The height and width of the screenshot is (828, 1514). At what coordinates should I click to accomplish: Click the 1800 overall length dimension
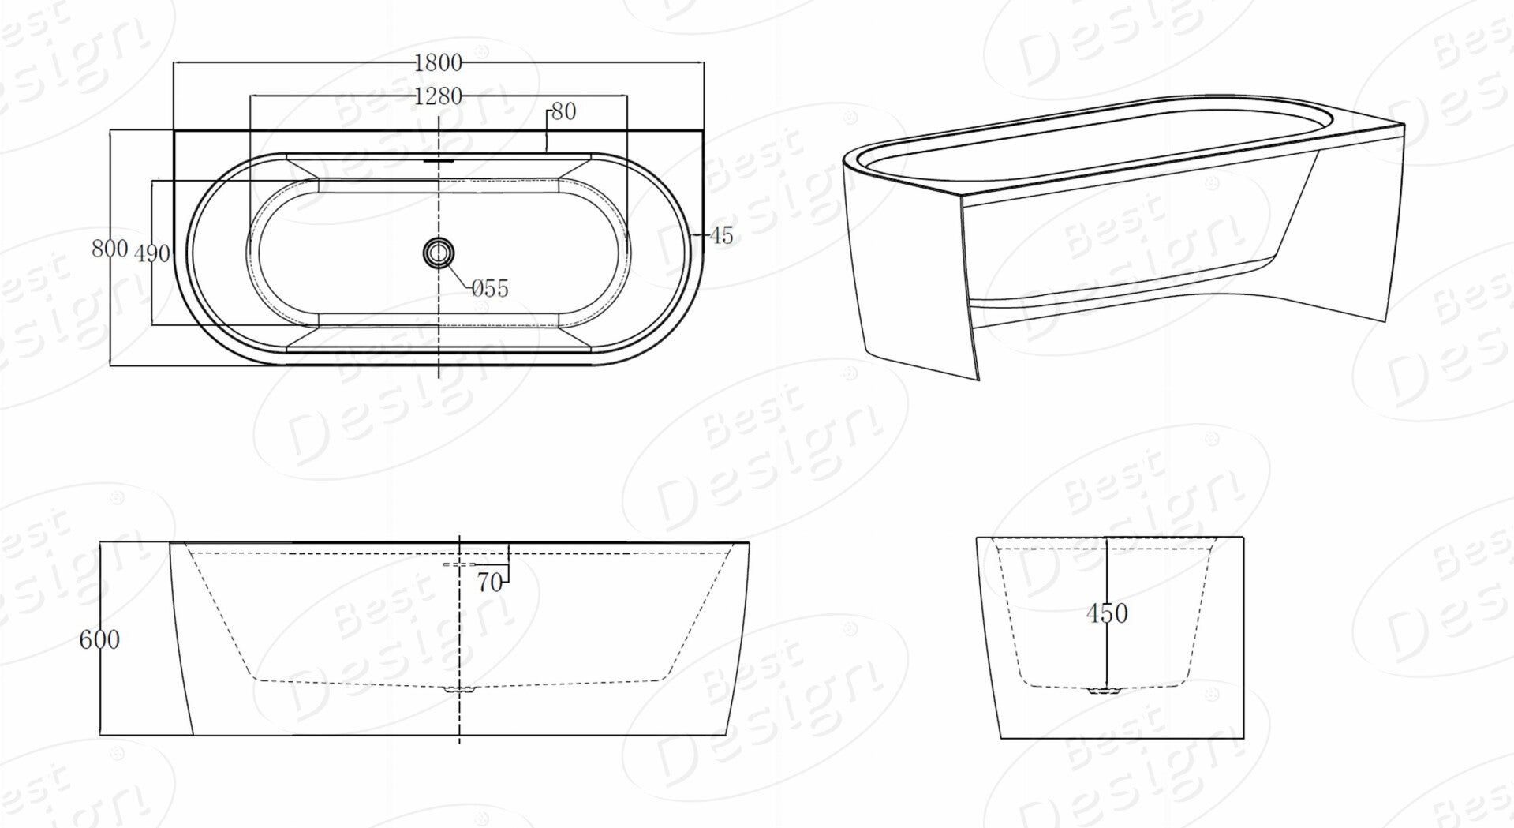(x=438, y=62)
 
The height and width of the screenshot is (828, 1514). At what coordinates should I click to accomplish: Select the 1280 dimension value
(x=438, y=96)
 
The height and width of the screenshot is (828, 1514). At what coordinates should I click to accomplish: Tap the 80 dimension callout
(x=563, y=112)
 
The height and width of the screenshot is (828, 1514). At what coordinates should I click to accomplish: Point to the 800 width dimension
(x=110, y=249)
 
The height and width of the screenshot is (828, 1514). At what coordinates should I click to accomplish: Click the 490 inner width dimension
(x=152, y=253)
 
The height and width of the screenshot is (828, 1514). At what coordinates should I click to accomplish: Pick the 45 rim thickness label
(x=721, y=235)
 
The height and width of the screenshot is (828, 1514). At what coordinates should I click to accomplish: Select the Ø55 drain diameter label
(x=490, y=289)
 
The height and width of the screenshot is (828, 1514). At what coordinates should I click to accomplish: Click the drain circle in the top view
(x=438, y=253)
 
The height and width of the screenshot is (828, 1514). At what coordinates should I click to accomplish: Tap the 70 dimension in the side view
(x=489, y=583)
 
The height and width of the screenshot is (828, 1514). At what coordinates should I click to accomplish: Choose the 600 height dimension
(x=99, y=639)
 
